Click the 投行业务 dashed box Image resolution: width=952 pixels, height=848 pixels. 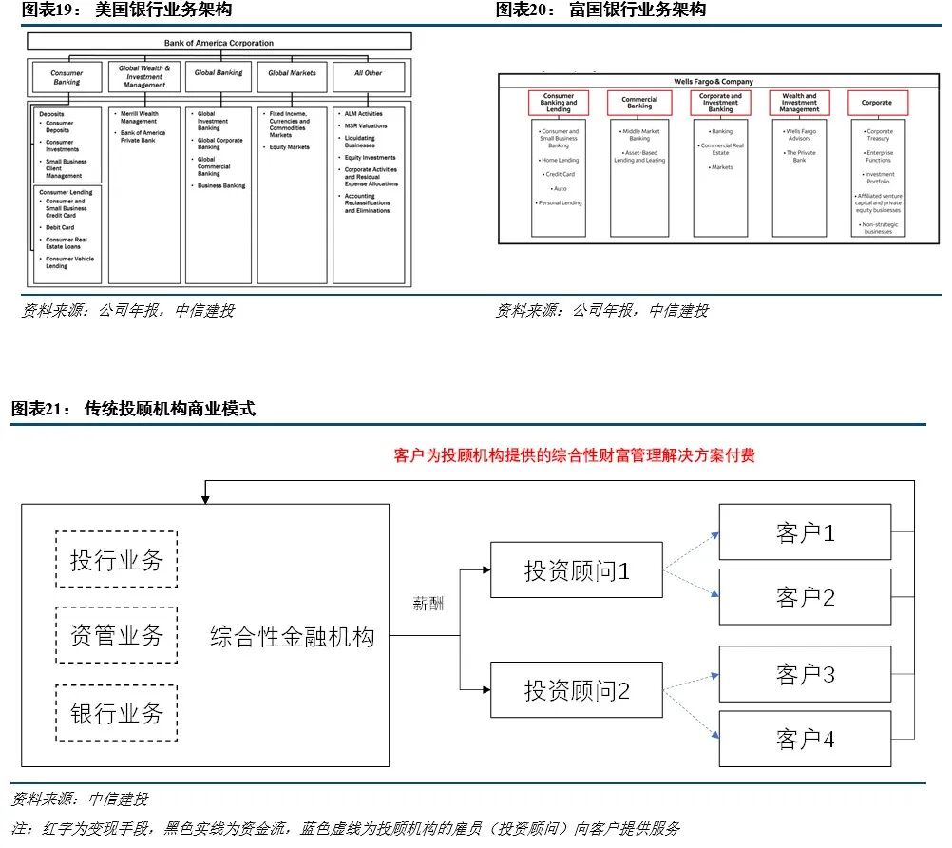(x=117, y=560)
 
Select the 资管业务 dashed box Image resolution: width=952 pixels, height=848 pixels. (x=117, y=635)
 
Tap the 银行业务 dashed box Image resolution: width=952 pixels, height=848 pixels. (x=117, y=713)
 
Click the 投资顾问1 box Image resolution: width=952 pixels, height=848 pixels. (x=576, y=570)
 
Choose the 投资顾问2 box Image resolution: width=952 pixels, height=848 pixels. (x=576, y=690)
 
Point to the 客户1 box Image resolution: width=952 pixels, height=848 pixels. (x=805, y=532)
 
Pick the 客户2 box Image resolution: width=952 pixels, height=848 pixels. (x=805, y=597)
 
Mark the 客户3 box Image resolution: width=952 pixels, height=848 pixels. (x=805, y=674)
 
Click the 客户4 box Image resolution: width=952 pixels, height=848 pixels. (x=805, y=739)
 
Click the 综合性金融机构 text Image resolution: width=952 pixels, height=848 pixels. (x=292, y=636)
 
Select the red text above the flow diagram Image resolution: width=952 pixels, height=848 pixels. (x=575, y=456)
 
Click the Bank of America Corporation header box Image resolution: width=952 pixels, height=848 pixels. (x=219, y=43)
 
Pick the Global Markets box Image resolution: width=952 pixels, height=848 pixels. (x=292, y=73)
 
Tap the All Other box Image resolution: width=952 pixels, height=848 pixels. (x=369, y=73)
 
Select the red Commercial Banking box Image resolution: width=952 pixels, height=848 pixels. (x=639, y=103)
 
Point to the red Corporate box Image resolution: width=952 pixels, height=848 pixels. (x=877, y=103)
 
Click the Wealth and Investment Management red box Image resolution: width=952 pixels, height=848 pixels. (x=799, y=103)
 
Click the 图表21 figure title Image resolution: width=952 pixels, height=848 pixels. (x=133, y=409)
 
